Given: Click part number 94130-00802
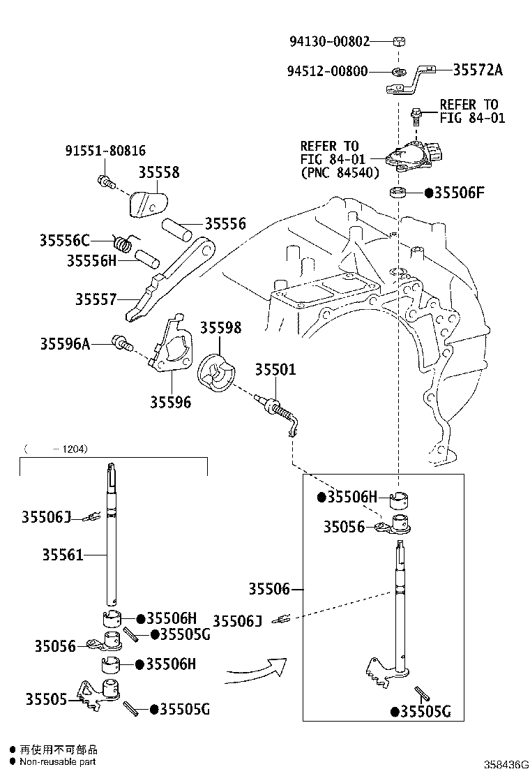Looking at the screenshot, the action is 329,41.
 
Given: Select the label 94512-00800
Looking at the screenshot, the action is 327,71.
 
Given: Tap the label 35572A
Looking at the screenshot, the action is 478,70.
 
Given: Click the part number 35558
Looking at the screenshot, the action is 159,172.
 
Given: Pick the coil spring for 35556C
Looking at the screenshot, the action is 123,243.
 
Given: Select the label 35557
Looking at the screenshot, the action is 96,299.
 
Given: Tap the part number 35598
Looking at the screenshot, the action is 220,327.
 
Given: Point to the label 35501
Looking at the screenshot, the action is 275,370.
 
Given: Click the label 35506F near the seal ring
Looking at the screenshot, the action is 458,193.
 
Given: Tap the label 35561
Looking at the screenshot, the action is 63,555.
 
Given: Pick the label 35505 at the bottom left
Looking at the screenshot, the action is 46,699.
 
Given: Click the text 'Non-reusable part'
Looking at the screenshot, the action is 58,762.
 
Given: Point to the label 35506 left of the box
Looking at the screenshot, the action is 269,589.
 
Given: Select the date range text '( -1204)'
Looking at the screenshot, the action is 56,449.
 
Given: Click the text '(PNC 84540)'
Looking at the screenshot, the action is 340,172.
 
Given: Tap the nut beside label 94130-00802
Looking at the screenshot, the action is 397,41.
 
